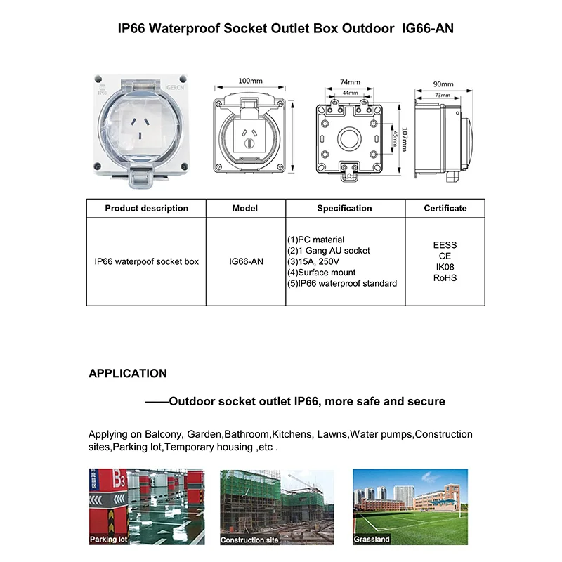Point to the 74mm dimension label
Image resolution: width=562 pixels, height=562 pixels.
(350, 81)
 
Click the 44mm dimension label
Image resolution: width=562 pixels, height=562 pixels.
(350, 93)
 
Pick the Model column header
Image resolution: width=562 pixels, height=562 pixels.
(245, 208)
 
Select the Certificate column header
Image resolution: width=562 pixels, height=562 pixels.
(445, 208)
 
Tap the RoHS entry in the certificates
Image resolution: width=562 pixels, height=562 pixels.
(445, 277)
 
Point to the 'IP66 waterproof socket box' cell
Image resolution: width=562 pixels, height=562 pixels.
(146, 261)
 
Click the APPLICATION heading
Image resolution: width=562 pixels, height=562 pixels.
(128, 374)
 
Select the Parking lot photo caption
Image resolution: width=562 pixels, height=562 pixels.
(109, 540)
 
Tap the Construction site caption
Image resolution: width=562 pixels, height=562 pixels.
(249, 540)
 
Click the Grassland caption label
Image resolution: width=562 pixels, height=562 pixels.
(372, 540)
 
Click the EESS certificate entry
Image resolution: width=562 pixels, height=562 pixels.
(445, 245)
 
